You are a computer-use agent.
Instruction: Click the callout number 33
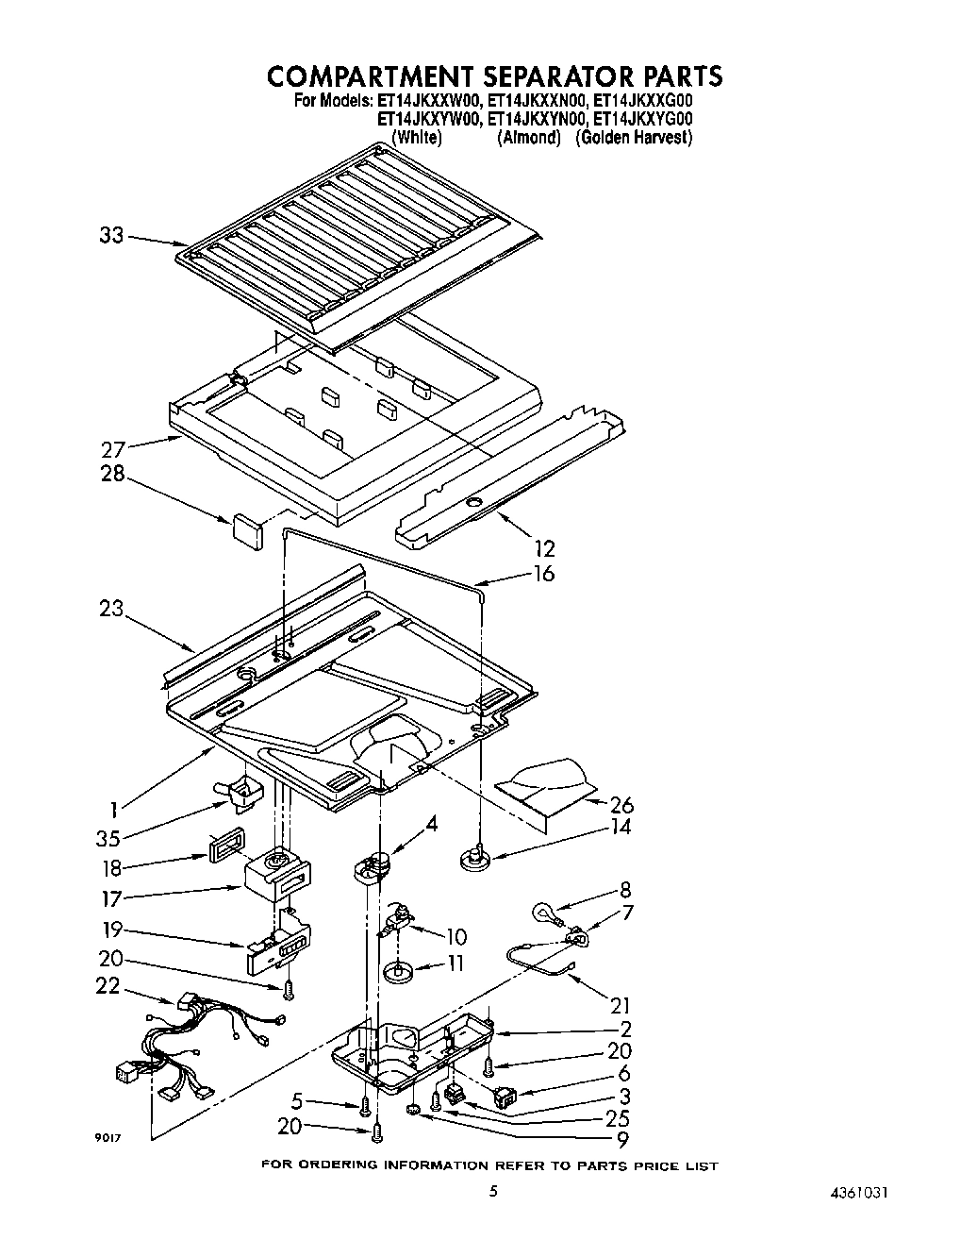[111, 235]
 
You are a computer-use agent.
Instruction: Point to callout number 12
[544, 547]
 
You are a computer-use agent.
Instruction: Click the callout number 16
[543, 574]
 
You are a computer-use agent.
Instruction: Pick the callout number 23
[111, 609]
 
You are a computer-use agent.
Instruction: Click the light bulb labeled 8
[544, 912]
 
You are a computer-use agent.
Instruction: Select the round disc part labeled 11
[400, 969]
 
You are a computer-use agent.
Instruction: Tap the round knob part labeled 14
[473, 858]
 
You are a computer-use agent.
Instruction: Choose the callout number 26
[621, 805]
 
